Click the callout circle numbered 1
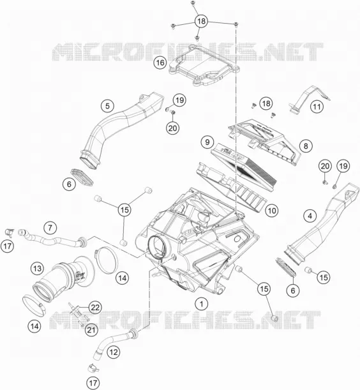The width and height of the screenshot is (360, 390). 202,304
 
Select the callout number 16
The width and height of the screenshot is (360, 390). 160,63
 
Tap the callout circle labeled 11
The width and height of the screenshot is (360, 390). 317,107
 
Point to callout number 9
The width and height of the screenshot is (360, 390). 207,142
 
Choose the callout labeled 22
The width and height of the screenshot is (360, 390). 95,308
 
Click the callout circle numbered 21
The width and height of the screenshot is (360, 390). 91,330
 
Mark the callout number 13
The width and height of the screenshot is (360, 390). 37,269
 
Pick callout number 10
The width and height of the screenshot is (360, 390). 272,211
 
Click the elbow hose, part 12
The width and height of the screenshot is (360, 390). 112,341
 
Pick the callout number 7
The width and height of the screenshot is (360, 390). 50,228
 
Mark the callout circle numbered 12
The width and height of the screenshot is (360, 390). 114,352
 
